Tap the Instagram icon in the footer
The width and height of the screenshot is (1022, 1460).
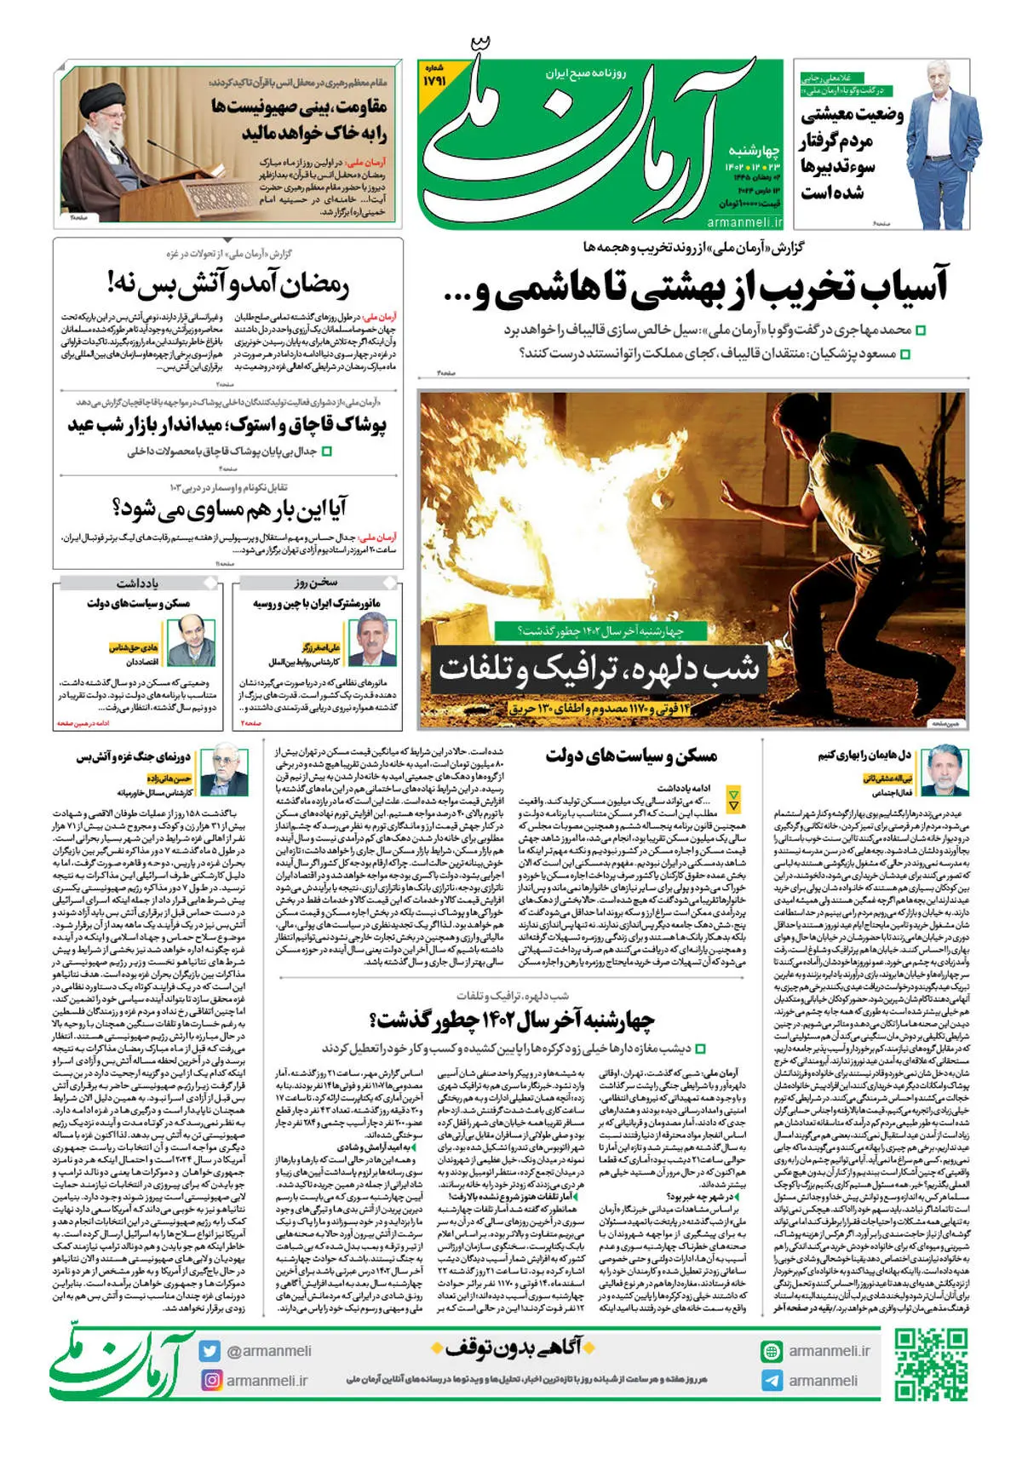210,1380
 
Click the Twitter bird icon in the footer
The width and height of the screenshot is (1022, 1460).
210,1351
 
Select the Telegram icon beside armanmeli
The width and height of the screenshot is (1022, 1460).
772,1381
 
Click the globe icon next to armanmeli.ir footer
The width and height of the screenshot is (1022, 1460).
772,1351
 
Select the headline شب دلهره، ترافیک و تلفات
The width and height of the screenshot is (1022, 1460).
598,669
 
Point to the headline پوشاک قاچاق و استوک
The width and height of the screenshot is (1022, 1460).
227,423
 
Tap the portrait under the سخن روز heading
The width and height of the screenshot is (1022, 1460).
373,640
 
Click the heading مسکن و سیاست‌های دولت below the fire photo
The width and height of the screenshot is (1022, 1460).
631,756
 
